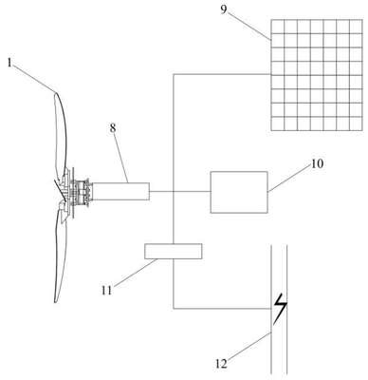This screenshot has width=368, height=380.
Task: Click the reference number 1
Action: point(9,63)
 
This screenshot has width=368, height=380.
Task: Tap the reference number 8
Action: point(113,128)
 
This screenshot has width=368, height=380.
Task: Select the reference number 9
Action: point(224,9)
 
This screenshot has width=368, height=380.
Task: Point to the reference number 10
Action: point(318,163)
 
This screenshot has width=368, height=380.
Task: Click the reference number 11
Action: point(107,290)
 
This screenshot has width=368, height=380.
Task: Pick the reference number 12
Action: point(222,364)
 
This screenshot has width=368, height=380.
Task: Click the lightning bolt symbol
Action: point(281,309)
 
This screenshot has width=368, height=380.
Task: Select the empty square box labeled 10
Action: point(239,192)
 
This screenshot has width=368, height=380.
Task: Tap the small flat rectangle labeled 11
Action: point(173,252)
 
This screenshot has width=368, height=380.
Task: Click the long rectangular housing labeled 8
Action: point(121,191)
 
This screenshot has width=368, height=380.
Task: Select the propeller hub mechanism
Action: point(78,192)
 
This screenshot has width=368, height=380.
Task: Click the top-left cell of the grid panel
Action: point(278,27)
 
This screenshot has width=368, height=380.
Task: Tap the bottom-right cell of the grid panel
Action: point(356,123)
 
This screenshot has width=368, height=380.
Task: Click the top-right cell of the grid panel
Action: point(356,27)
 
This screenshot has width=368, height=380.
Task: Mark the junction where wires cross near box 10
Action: point(174,191)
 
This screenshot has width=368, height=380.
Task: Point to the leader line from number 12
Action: point(250,346)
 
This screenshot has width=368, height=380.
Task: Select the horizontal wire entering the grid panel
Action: point(222,74)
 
